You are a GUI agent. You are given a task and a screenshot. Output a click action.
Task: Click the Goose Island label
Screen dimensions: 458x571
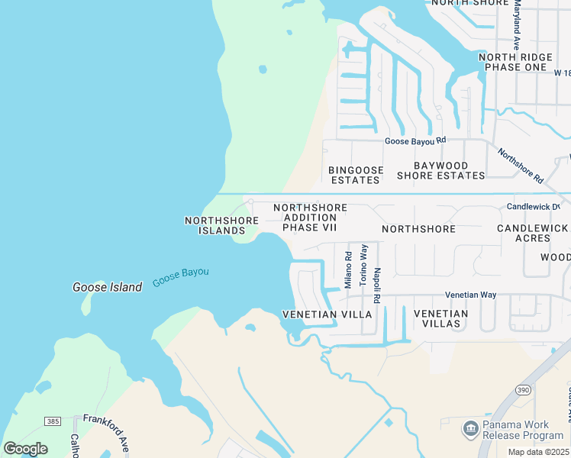107,287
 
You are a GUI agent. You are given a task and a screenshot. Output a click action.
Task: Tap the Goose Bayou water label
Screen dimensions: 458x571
180,277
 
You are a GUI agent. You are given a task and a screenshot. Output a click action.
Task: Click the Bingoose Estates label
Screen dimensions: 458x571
355,175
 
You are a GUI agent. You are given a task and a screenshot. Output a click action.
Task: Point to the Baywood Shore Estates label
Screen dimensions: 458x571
440,170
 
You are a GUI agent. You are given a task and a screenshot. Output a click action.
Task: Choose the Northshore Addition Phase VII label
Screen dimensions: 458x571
310,218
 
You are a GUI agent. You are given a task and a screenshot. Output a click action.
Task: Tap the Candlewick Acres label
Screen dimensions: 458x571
532,234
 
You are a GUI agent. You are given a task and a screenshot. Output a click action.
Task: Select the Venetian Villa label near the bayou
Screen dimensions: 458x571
327,314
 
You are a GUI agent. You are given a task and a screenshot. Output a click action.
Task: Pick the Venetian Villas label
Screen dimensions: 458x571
440,318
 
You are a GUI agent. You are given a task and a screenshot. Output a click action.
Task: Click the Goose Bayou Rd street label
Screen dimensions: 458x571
415,140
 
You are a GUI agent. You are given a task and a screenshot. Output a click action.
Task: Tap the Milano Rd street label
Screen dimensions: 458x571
348,270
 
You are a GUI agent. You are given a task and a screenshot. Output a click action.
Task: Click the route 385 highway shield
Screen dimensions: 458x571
52,421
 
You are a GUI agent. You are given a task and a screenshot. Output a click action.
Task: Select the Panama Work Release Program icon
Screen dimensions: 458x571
470,429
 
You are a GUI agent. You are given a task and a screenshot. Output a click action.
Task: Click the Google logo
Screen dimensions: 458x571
26,449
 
